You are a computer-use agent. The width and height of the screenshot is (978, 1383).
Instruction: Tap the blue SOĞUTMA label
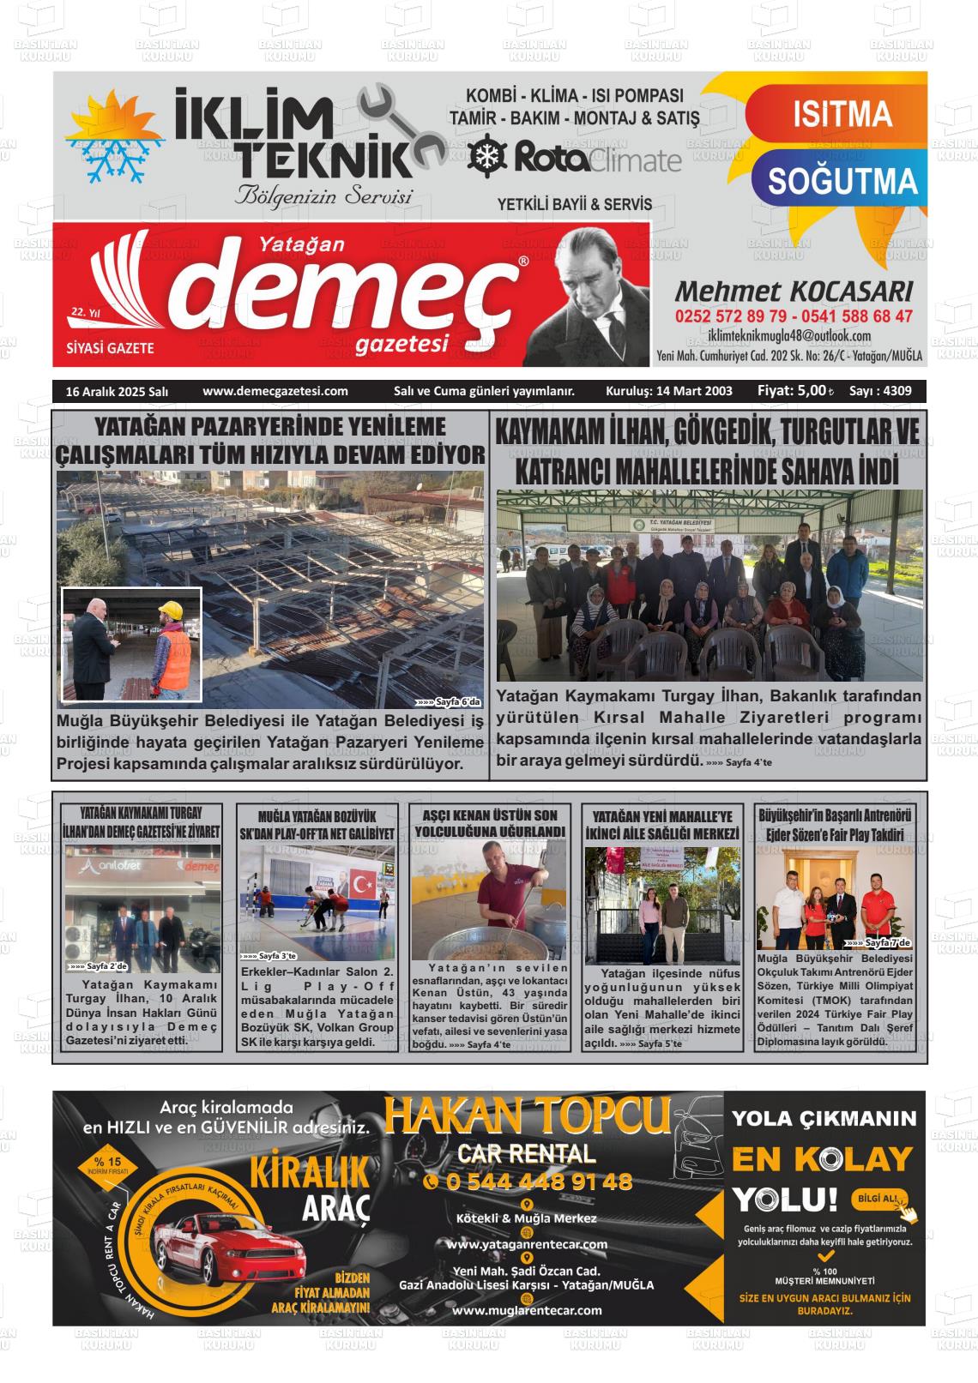(x=842, y=181)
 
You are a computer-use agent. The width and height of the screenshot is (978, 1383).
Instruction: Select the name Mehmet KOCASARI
(x=794, y=290)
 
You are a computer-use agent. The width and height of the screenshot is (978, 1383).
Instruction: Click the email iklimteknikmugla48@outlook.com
(x=789, y=336)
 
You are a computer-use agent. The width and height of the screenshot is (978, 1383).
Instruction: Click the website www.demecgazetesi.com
(x=275, y=392)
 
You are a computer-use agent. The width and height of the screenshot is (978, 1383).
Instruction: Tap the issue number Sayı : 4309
(x=880, y=392)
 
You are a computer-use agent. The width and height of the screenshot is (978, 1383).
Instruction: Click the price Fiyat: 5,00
(x=794, y=392)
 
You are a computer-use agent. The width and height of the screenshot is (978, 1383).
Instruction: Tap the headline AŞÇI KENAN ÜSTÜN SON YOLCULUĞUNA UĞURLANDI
(x=489, y=823)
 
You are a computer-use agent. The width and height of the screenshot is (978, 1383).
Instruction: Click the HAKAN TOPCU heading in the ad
(x=527, y=1117)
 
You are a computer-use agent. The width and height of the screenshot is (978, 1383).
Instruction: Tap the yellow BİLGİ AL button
(x=877, y=1198)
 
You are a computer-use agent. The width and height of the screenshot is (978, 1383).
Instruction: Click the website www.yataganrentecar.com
(x=527, y=1244)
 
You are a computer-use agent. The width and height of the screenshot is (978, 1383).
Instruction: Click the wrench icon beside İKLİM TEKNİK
(x=392, y=129)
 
